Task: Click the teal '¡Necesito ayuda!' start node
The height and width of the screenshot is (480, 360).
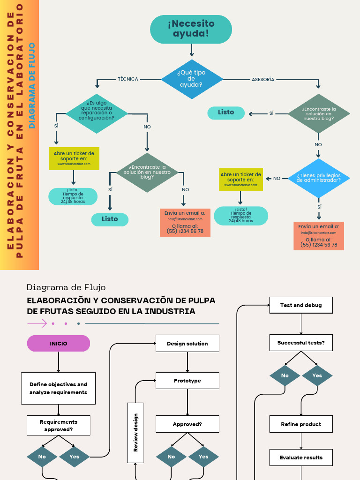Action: click(191, 29)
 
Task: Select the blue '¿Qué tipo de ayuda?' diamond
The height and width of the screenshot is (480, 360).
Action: click(192, 79)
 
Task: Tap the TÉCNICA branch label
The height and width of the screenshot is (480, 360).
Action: click(128, 79)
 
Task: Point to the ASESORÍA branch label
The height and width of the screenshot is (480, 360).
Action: click(263, 79)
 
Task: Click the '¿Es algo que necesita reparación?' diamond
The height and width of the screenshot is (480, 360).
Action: click(97, 113)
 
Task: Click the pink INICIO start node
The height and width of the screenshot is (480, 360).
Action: click(59, 344)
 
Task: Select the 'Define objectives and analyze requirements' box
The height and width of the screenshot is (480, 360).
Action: click(59, 388)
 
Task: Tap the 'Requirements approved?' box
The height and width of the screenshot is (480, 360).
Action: click(59, 425)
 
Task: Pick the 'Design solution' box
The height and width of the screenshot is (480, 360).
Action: click(187, 344)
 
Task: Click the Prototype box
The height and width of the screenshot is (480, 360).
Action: click(187, 381)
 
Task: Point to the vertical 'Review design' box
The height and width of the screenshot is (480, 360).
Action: click(135, 432)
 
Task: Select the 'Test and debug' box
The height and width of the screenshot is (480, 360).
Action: click(301, 305)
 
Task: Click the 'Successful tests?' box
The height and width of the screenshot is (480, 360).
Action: click(301, 343)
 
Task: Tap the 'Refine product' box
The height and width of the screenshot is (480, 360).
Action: click(301, 424)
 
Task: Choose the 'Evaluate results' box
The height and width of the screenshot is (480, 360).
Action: click(301, 457)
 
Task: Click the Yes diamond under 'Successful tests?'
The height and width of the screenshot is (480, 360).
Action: click(317, 375)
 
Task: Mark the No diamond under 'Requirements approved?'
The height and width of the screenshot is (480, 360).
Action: click(42, 457)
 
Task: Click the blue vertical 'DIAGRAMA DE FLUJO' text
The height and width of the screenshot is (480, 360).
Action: click(32, 85)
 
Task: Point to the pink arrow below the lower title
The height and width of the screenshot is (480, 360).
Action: click(37, 323)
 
